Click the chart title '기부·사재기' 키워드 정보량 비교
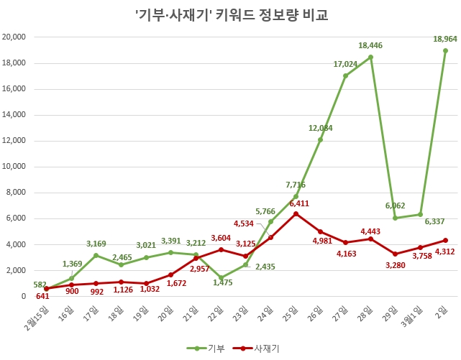click(231, 14)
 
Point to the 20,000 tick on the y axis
click(14, 37)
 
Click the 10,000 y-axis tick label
click(14, 167)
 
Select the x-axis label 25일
click(290, 311)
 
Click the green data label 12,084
click(321, 128)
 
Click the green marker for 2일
click(445, 50)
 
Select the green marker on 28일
click(370, 57)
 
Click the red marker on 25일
click(296, 213)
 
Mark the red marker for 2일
click(445, 240)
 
